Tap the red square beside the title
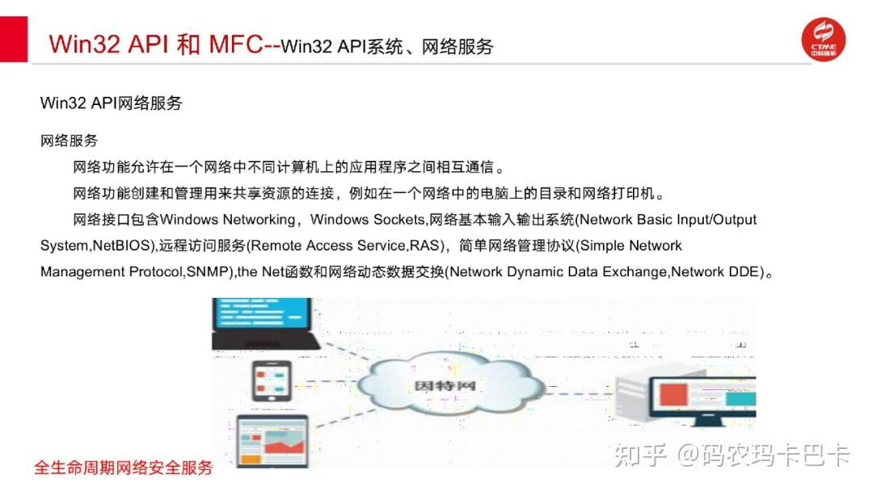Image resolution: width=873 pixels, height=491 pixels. click(x=14, y=39)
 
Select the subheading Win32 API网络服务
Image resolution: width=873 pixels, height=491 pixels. click(x=112, y=103)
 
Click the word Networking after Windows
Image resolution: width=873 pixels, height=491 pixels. click(x=259, y=220)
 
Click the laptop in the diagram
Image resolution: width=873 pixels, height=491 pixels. click(x=264, y=324)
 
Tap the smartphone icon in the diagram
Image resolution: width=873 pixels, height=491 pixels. click(x=272, y=381)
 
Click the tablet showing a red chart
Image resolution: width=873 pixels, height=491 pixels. click(x=272, y=441)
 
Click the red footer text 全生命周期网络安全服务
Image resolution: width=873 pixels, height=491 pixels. click(x=124, y=468)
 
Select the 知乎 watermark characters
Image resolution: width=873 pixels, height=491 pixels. click(x=640, y=455)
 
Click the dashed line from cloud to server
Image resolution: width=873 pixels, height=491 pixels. click(x=579, y=393)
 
